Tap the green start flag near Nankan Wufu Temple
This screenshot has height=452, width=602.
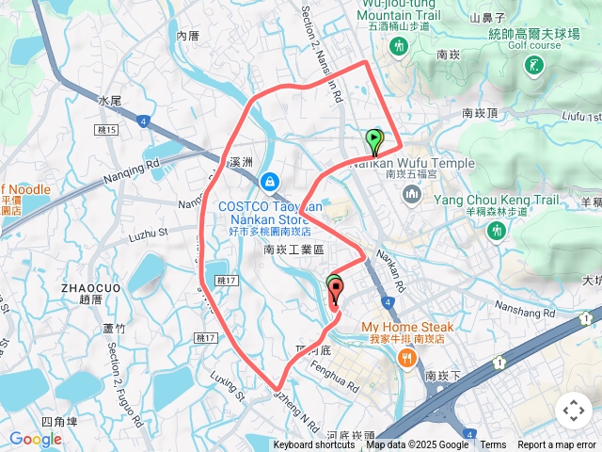click(374, 141)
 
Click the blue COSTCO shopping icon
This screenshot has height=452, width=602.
click(270, 180)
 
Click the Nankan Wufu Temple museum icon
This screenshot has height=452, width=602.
click(411, 195)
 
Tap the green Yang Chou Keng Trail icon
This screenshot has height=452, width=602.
click(496, 230)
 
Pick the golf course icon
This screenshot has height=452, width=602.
click(534, 65)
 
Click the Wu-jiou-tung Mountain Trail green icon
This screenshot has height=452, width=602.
click(400, 46)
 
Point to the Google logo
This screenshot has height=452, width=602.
click(35, 439)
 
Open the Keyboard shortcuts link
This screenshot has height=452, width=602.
click(314, 445)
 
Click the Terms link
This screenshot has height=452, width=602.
click(493, 445)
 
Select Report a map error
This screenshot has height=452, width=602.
click(558, 445)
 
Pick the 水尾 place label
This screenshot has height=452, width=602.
click(110, 99)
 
